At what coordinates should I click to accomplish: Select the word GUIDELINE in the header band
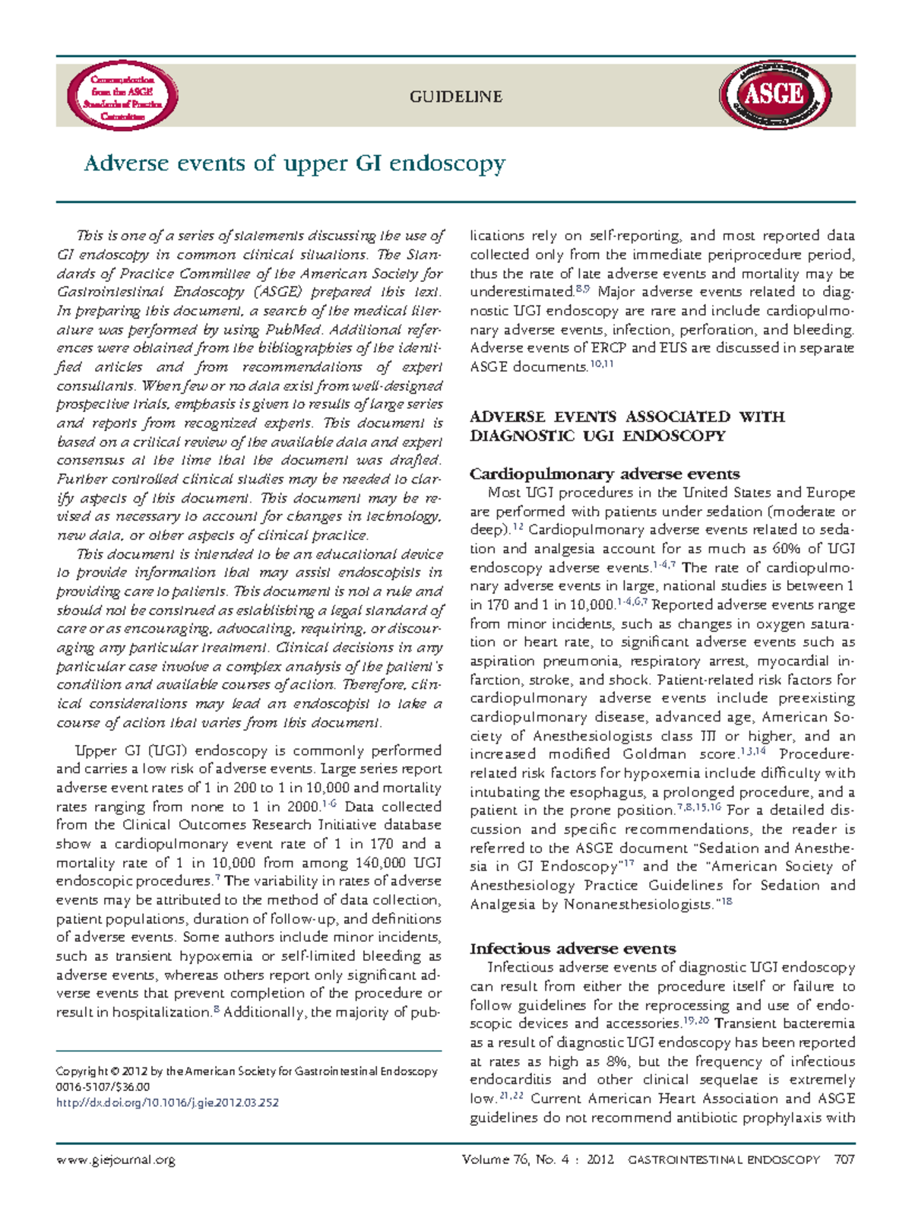point(456,97)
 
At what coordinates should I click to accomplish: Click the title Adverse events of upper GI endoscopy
point(294,163)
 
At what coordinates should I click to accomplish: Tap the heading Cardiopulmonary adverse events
point(604,474)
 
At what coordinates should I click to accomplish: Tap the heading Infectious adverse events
point(572,948)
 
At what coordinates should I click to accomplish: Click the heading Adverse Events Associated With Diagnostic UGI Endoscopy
point(626,426)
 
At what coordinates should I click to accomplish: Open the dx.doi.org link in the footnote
point(167,1102)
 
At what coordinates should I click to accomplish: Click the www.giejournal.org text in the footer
point(116,1159)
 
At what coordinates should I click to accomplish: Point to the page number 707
point(844,1159)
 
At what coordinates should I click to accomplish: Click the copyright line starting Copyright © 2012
point(246,1070)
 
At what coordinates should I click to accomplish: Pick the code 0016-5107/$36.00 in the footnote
point(103,1086)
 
